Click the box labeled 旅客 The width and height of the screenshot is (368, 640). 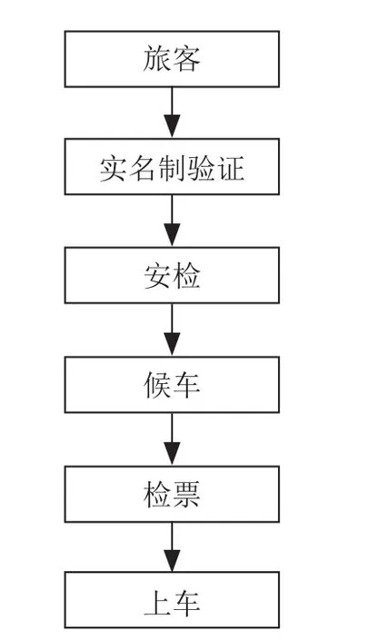click(x=172, y=59)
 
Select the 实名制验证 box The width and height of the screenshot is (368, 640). click(x=172, y=166)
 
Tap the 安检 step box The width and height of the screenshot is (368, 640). click(x=172, y=275)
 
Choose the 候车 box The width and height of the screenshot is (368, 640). click(x=172, y=385)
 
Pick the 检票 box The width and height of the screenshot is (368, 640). click(x=172, y=494)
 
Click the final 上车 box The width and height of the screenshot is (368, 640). click(x=172, y=600)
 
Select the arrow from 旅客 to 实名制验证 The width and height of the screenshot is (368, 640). click(x=172, y=113)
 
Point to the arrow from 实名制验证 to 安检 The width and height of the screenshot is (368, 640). click(x=172, y=221)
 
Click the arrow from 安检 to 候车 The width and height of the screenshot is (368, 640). click(x=172, y=330)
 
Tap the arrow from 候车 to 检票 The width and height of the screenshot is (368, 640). click(x=172, y=439)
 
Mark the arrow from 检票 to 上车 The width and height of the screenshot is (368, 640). click(x=172, y=546)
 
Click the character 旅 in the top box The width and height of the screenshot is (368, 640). click(x=157, y=59)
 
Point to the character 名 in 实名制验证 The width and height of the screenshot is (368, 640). click(x=143, y=168)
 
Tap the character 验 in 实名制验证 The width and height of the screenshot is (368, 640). click(x=202, y=168)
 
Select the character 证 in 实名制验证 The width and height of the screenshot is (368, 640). click(x=231, y=168)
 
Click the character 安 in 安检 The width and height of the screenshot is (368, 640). click(x=157, y=276)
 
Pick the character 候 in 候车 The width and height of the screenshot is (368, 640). click(x=157, y=385)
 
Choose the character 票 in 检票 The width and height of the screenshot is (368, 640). click(x=186, y=494)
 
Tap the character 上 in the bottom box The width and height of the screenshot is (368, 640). click(x=157, y=603)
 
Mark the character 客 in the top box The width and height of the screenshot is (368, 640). click(x=186, y=59)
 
